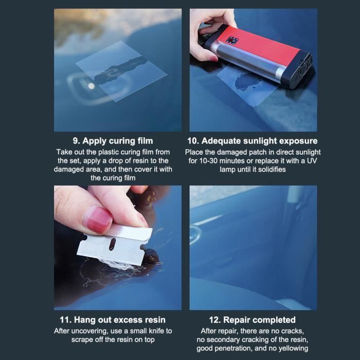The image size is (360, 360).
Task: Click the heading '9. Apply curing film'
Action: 113,141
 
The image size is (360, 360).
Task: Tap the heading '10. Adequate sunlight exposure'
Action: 253,141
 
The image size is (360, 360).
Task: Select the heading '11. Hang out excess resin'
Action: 113,320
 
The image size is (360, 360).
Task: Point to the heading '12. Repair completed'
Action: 253,320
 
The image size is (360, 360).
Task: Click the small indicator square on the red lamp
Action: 232,41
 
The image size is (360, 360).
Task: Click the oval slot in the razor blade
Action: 112,244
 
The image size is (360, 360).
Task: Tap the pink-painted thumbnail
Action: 99,219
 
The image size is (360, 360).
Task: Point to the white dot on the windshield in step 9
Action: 92,86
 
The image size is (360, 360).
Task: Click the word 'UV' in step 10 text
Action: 312,160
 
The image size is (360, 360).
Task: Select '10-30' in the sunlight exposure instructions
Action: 208,160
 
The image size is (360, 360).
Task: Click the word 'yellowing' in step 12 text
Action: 293,348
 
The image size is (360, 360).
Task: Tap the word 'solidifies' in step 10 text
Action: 272,169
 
